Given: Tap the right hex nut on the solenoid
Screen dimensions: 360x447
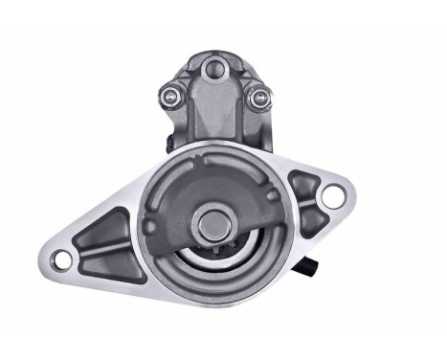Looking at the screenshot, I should click(256, 99).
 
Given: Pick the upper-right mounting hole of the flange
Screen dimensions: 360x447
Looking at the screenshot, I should click(332, 196).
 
